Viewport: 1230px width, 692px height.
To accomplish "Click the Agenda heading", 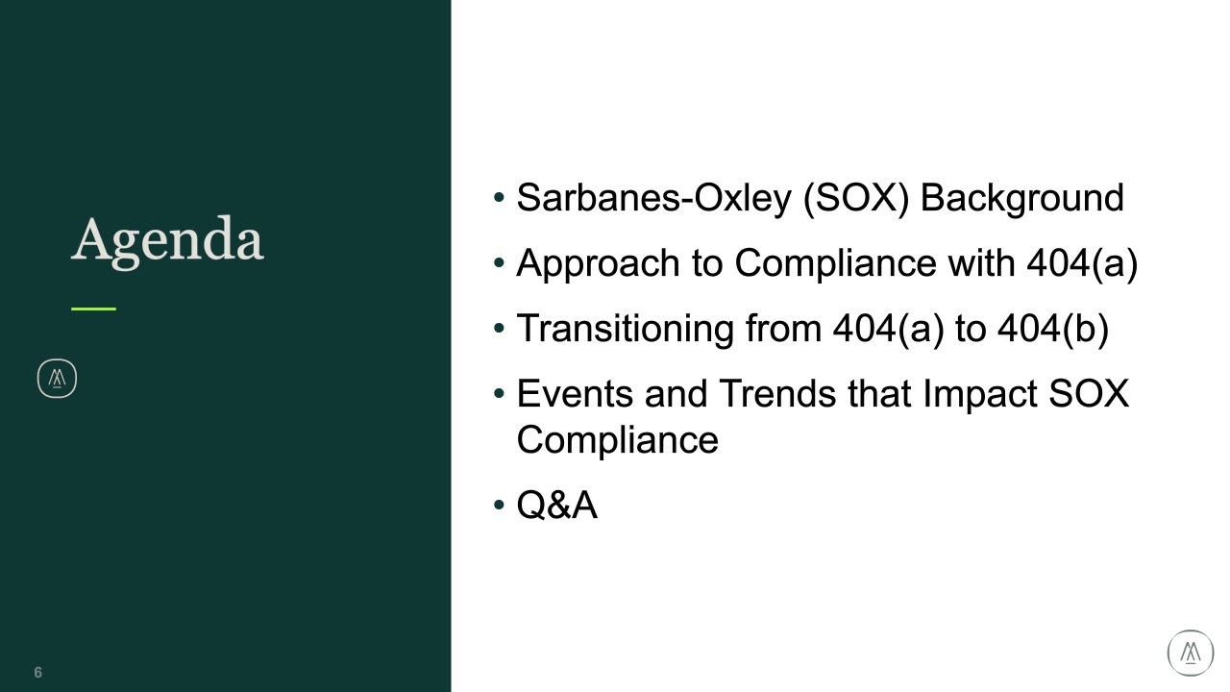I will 167,240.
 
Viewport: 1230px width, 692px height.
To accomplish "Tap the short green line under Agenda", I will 93,309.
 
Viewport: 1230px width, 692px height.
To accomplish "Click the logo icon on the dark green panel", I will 57,379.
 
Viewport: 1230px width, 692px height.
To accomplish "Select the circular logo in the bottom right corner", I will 1191,653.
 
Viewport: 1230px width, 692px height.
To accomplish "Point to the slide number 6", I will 38,673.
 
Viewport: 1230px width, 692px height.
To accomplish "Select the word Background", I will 1021,198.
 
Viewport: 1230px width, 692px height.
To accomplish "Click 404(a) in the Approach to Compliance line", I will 1081,263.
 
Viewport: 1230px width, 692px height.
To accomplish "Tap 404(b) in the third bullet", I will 1052,329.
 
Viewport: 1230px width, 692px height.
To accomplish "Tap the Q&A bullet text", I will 556,506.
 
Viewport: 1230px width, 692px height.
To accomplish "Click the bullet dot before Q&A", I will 498,506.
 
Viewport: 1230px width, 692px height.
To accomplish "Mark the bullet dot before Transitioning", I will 498,329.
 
